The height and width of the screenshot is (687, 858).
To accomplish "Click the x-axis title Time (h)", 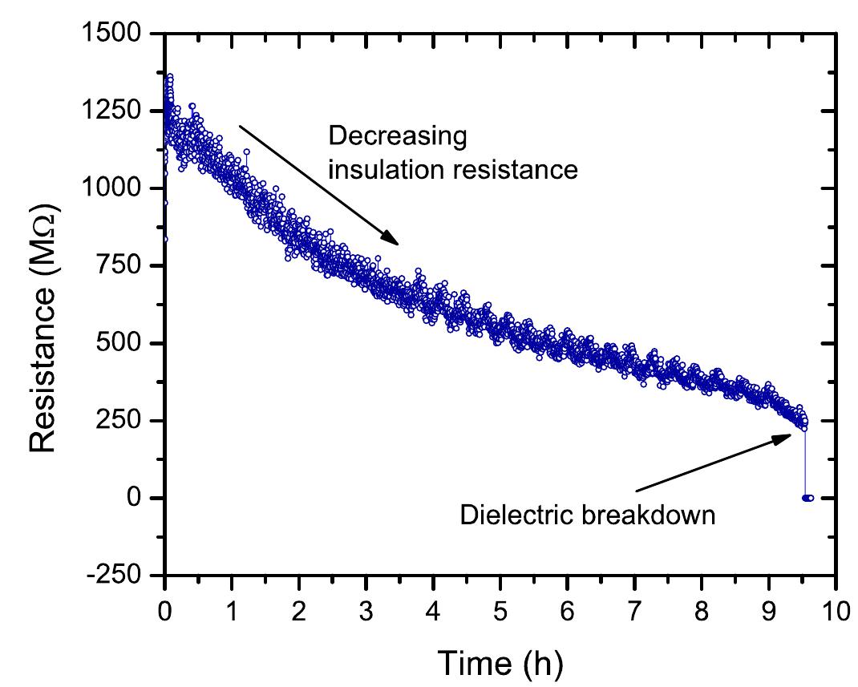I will [x=500, y=661].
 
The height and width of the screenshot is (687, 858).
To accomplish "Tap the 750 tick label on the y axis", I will [x=126, y=265].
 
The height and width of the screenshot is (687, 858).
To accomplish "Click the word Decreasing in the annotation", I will [x=397, y=137].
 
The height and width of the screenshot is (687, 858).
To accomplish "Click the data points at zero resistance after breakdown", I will [x=807, y=498].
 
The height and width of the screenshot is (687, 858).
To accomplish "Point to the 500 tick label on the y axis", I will [x=126, y=343].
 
